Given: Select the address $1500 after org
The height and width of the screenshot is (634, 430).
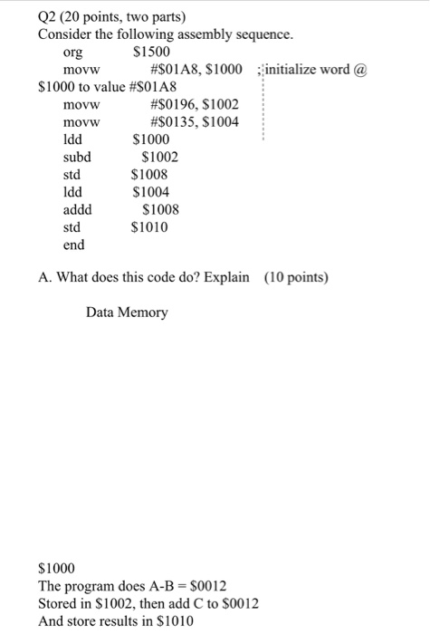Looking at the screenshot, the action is pos(151,52).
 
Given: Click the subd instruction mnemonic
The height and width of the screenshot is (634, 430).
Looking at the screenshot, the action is pos(77,157).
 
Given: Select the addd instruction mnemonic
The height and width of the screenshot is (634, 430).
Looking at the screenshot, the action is pos(77,209).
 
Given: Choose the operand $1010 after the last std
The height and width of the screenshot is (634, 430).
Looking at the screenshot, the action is pos(150,227).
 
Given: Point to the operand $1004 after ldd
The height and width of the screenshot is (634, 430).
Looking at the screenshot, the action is pos(150,192).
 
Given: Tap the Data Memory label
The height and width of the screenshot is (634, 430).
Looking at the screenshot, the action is pos(127,312).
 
